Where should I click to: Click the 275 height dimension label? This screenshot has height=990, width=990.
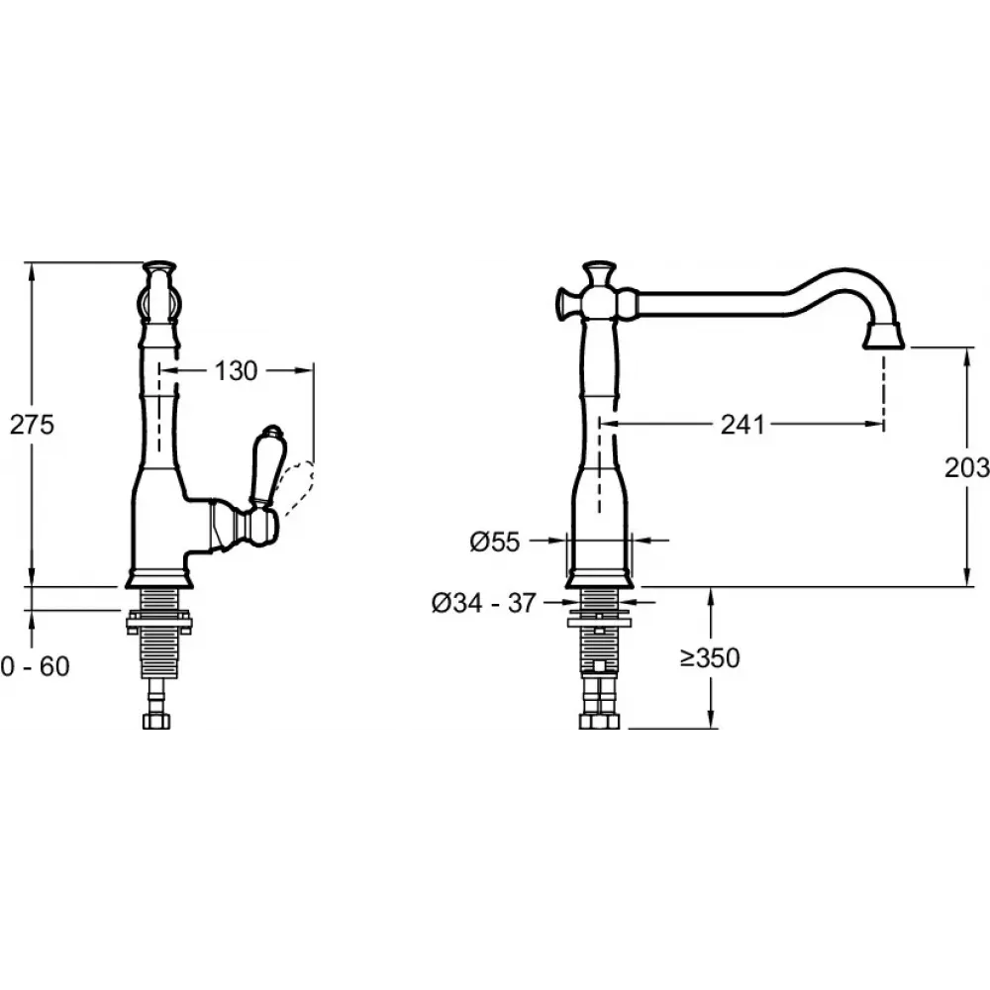(32, 425)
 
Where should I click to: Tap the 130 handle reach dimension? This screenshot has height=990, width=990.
(237, 371)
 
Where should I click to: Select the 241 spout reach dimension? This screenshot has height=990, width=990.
(743, 425)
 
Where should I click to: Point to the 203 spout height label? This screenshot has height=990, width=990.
(966, 468)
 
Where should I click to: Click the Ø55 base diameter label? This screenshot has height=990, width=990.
(495, 542)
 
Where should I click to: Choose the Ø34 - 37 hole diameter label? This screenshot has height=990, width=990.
(484, 603)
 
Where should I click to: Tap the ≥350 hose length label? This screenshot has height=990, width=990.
(710, 658)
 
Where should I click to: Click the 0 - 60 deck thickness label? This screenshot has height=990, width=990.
(36, 666)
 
